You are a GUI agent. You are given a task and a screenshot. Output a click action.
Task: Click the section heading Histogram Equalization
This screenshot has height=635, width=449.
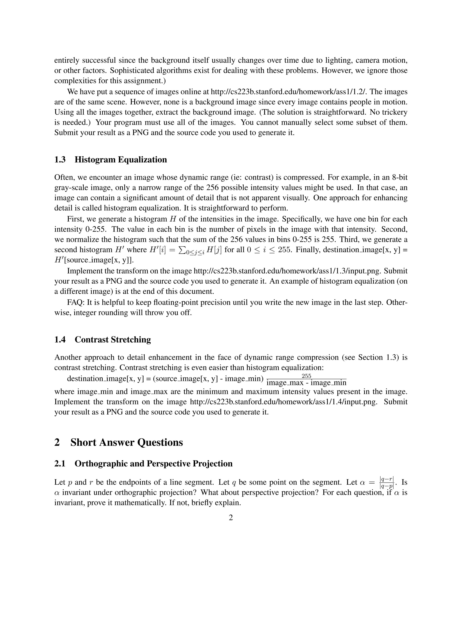pyautogui.click(x=121, y=160)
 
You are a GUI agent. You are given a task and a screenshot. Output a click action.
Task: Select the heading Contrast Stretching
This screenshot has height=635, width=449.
pyautogui.click(x=113, y=340)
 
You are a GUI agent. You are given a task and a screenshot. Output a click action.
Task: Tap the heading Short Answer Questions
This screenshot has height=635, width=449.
pyautogui.click(x=127, y=442)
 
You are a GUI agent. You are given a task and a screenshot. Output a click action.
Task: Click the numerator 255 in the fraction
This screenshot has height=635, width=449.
pyautogui.click(x=306, y=376)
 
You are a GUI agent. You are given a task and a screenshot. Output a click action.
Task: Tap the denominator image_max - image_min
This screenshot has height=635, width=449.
pyautogui.click(x=306, y=383)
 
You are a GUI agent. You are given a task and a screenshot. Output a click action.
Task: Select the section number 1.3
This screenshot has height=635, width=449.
pyautogui.click(x=60, y=160)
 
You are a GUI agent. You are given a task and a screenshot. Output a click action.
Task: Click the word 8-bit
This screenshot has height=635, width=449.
pyautogui.click(x=400, y=177)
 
